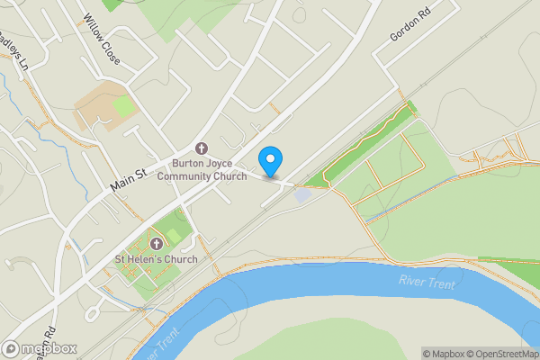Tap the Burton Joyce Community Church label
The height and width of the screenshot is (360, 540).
[x=202, y=170]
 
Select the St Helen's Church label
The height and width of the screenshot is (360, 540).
[x=155, y=259]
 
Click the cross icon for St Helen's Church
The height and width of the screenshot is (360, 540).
[x=157, y=244]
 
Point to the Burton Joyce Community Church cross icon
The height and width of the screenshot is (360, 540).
[x=201, y=148]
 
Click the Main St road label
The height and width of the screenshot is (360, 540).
[x=128, y=172]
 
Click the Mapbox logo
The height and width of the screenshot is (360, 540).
[x=40, y=348]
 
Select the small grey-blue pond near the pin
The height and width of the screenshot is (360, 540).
[x=303, y=194]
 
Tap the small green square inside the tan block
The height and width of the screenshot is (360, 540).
[x=124, y=106]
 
